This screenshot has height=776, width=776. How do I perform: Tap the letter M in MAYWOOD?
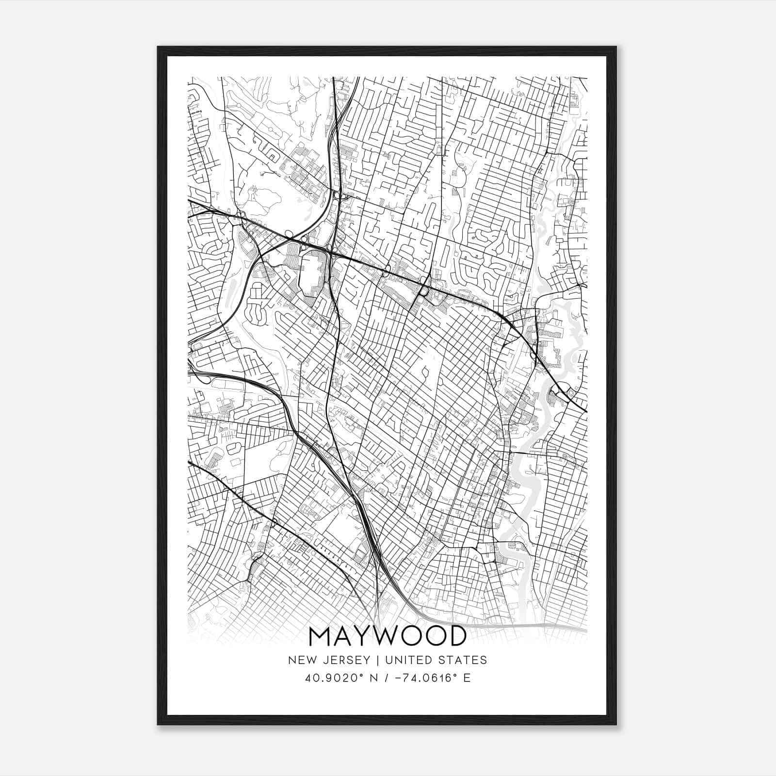[321, 637]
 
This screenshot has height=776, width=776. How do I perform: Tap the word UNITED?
[404, 660]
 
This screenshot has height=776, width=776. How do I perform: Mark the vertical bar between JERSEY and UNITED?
[372, 660]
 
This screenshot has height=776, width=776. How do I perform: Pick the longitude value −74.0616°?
[425, 678]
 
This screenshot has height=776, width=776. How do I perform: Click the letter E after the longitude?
[467, 678]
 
